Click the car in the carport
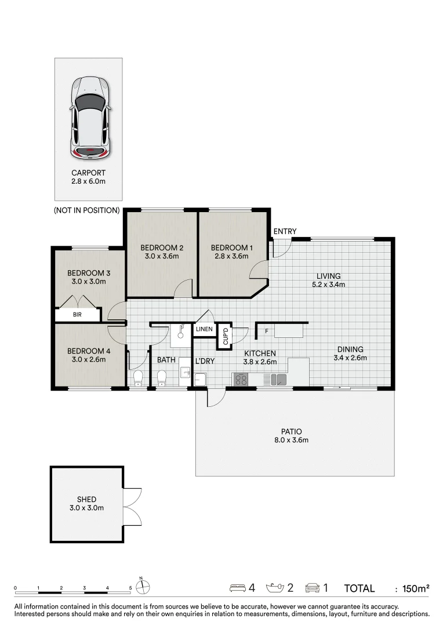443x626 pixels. tap(89, 117)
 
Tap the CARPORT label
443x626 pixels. tap(88, 173)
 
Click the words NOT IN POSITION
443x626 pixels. tap(86, 210)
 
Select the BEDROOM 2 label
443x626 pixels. tap(162, 248)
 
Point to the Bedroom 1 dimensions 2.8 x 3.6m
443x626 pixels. tap(232, 256)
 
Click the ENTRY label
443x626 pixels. tap(285, 231)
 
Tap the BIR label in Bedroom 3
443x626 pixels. tap(77, 315)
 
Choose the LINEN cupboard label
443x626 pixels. tap(204, 329)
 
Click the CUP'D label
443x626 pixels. tap(226, 336)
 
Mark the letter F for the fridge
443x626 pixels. tap(267, 331)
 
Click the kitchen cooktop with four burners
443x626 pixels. tap(241, 379)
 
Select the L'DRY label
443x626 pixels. tap(205, 361)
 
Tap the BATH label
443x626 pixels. tap(166, 360)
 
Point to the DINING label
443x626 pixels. tap(350, 350)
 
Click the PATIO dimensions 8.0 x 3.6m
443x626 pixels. tap(291, 441)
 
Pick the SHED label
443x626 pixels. tap(86, 500)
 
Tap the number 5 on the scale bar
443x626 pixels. tap(130, 588)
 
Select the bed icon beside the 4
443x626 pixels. tap(238, 588)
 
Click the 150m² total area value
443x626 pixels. tap(416, 588)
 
